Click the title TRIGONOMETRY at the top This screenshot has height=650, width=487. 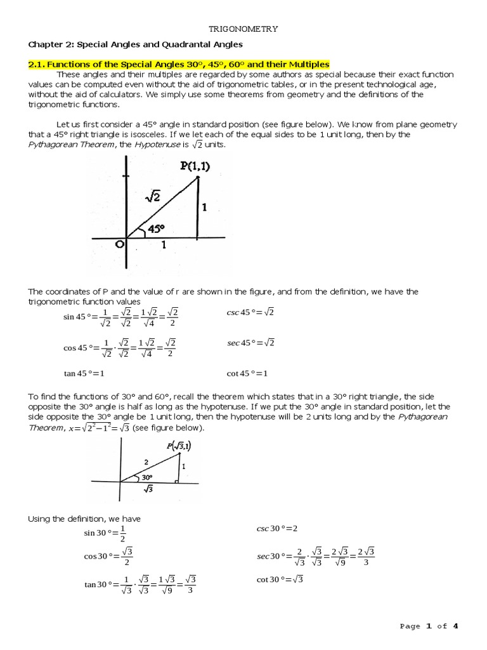[243, 29]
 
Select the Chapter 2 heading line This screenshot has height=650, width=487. [135, 44]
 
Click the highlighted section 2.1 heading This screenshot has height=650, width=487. [179, 64]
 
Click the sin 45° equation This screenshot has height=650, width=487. [121, 317]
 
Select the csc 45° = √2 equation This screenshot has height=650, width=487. [250, 312]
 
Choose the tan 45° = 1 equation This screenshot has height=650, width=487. [84, 373]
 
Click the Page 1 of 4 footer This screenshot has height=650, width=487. [429, 626]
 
